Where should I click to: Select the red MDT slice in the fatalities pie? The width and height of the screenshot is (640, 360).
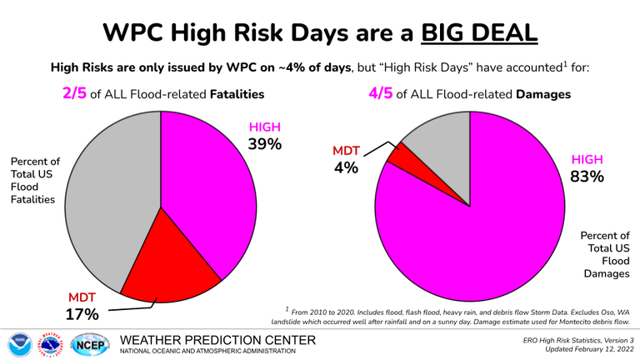pyautogui.click(x=171, y=267)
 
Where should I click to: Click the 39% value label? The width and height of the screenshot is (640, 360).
pyautogui.click(x=265, y=145)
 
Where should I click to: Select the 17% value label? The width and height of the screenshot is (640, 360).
pyautogui.click(x=82, y=315)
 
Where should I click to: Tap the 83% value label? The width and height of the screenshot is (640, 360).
pyautogui.click(x=587, y=177)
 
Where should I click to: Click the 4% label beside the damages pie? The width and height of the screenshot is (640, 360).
pyautogui.click(x=345, y=168)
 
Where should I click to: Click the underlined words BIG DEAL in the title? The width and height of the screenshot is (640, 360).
pyautogui.click(x=479, y=32)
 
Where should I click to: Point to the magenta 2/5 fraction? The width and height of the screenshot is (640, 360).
pyautogui.click(x=74, y=94)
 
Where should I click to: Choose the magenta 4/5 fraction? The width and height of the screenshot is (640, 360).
pyautogui.click(x=381, y=94)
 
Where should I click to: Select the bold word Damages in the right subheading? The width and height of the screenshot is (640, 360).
pyautogui.click(x=543, y=94)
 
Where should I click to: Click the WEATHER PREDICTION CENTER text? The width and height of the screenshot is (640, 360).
pyautogui.click(x=218, y=340)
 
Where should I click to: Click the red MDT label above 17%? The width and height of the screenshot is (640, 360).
pyautogui.click(x=82, y=298)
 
